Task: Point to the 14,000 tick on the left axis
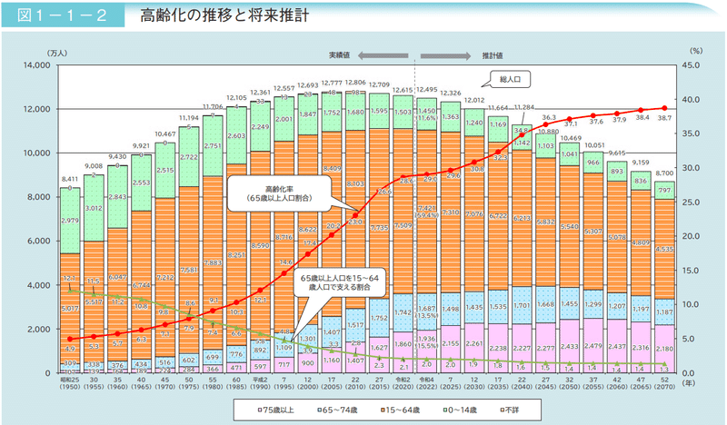(43, 65)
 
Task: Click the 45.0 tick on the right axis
(692, 65)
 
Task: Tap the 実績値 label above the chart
(367, 55)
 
